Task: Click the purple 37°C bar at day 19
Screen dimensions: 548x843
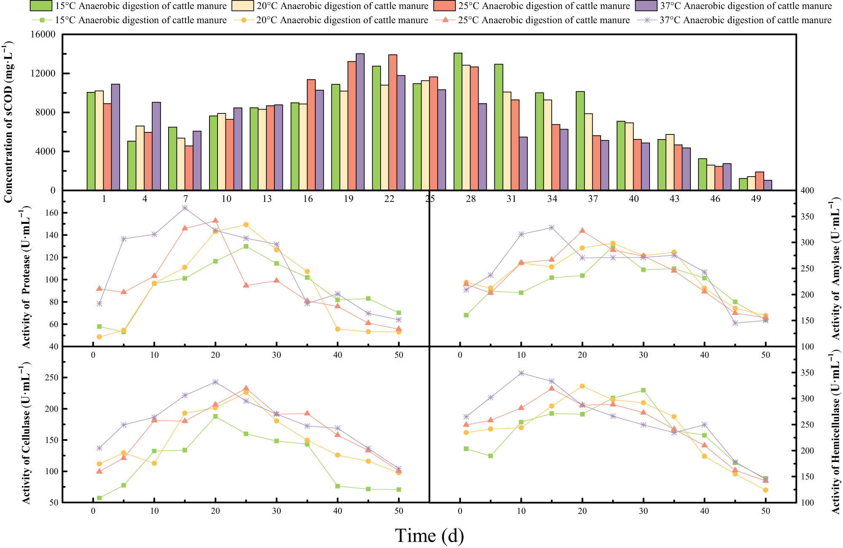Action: (x=360, y=122)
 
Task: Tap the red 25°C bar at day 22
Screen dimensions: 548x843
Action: (x=392, y=122)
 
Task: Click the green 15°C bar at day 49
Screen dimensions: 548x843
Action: (x=743, y=184)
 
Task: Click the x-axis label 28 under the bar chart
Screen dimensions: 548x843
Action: (x=470, y=199)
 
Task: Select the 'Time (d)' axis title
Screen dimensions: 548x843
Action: (x=429, y=536)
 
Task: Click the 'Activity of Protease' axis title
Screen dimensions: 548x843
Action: (x=26, y=277)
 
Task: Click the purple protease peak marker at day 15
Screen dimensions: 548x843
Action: (x=185, y=208)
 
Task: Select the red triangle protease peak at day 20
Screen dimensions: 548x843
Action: (x=215, y=220)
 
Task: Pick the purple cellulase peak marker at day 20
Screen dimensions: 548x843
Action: (x=215, y=382)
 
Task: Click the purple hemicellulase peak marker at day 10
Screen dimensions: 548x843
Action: (x=521, y=373)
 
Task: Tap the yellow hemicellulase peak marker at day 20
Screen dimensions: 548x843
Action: (x=582, y=386)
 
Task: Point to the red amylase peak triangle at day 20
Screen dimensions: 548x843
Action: (x=582, y=231)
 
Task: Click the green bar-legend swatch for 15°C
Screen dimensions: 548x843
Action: (x=41, y=6)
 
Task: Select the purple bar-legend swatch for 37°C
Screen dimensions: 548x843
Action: (x=646, y=6)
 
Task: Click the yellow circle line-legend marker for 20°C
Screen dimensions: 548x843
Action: (x=244, y=20)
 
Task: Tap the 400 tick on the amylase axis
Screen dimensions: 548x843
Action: (x=807, y=191)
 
